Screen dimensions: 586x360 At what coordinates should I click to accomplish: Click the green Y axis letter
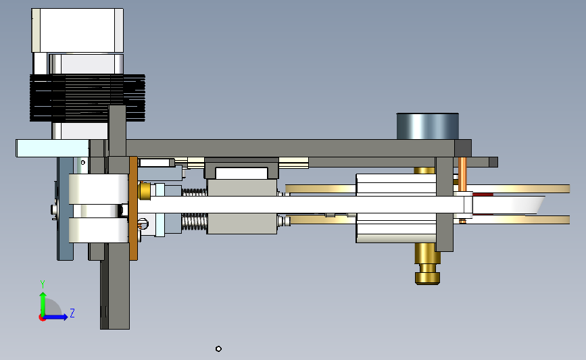[43, 284]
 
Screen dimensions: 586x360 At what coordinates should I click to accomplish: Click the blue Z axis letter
[72, 313]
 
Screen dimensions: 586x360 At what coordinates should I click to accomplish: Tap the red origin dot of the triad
[42, 318]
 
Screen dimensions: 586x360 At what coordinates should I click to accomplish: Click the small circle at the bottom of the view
[218, 349]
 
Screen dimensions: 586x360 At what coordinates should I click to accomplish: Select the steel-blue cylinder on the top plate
[428, 126]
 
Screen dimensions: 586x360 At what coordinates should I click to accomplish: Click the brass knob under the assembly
[427, 263]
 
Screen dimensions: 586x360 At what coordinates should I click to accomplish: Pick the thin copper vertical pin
[462, 174]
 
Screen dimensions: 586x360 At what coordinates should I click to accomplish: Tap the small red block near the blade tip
[483, 195]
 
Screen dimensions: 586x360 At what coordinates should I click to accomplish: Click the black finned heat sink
[87, 98]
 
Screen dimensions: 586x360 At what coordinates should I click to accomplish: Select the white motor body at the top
[77, 30]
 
